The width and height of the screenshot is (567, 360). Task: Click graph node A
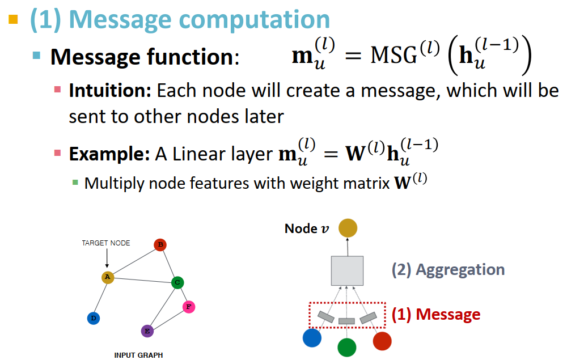107,277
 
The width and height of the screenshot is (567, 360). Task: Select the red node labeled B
160,245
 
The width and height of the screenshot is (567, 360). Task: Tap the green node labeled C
177,282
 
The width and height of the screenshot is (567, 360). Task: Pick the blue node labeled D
94,318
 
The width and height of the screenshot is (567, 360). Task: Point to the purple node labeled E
147,331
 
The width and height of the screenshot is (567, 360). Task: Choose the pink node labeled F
189,307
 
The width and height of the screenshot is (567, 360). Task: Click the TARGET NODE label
106,243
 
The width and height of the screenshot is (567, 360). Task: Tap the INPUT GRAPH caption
138,355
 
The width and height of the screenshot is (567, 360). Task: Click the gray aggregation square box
346,270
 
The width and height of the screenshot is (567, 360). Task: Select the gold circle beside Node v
348,228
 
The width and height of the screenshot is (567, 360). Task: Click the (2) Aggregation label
448,269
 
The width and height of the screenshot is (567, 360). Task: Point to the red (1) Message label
435,314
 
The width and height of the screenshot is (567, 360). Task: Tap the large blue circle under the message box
312,338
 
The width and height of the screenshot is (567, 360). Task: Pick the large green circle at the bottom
346,346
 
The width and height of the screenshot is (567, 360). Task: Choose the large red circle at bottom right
382,340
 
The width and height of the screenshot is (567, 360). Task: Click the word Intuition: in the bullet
110,91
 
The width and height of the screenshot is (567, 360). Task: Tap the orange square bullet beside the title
14,19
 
